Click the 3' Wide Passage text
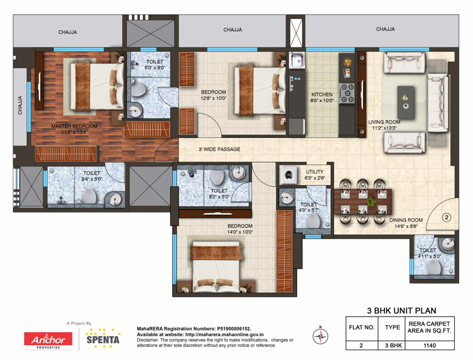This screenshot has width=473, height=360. [219, 149]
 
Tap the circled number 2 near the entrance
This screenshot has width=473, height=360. [446, 217]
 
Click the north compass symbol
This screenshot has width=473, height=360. [320, 336]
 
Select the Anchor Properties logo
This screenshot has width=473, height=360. [48, 341]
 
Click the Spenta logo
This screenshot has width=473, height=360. [103, 338]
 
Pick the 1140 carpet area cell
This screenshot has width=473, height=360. [429, 345]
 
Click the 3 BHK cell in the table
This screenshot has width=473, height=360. [393, 345]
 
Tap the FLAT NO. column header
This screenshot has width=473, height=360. [362, 327]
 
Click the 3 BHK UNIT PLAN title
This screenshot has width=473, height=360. [401, 311]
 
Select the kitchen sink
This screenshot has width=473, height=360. [297, 60]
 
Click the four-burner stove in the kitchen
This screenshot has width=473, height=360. [347, 93]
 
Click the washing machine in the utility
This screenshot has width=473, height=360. [289, 175]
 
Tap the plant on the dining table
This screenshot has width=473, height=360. [370, 201]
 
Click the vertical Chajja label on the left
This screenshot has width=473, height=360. [20, 105]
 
